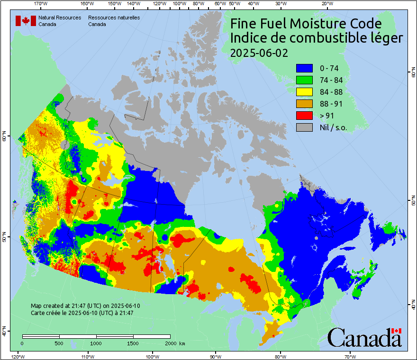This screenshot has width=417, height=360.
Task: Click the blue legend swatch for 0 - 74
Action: [304, 68]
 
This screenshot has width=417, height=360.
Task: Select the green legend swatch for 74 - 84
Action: [304, 80]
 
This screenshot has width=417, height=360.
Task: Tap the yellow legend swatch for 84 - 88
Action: [304, 92]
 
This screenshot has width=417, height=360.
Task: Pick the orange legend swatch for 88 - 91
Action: [304, 104]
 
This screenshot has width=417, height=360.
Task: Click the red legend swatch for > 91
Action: [304, 116]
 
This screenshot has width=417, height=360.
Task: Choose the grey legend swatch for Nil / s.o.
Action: [304, 127]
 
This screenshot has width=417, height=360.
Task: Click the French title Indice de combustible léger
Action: [316, 38]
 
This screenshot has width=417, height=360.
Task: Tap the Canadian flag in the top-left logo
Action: [26, 21]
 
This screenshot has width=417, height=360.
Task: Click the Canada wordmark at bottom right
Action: [364, 337]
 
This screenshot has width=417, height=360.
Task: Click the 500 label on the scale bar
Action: [59, 343]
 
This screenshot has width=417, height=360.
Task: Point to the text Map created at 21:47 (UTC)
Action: [85, 306]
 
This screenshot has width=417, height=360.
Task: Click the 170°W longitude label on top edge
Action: [41, 4]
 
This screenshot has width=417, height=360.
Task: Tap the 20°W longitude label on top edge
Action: [326, 4]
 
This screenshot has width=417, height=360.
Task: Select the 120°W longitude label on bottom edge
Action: [18, 356]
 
